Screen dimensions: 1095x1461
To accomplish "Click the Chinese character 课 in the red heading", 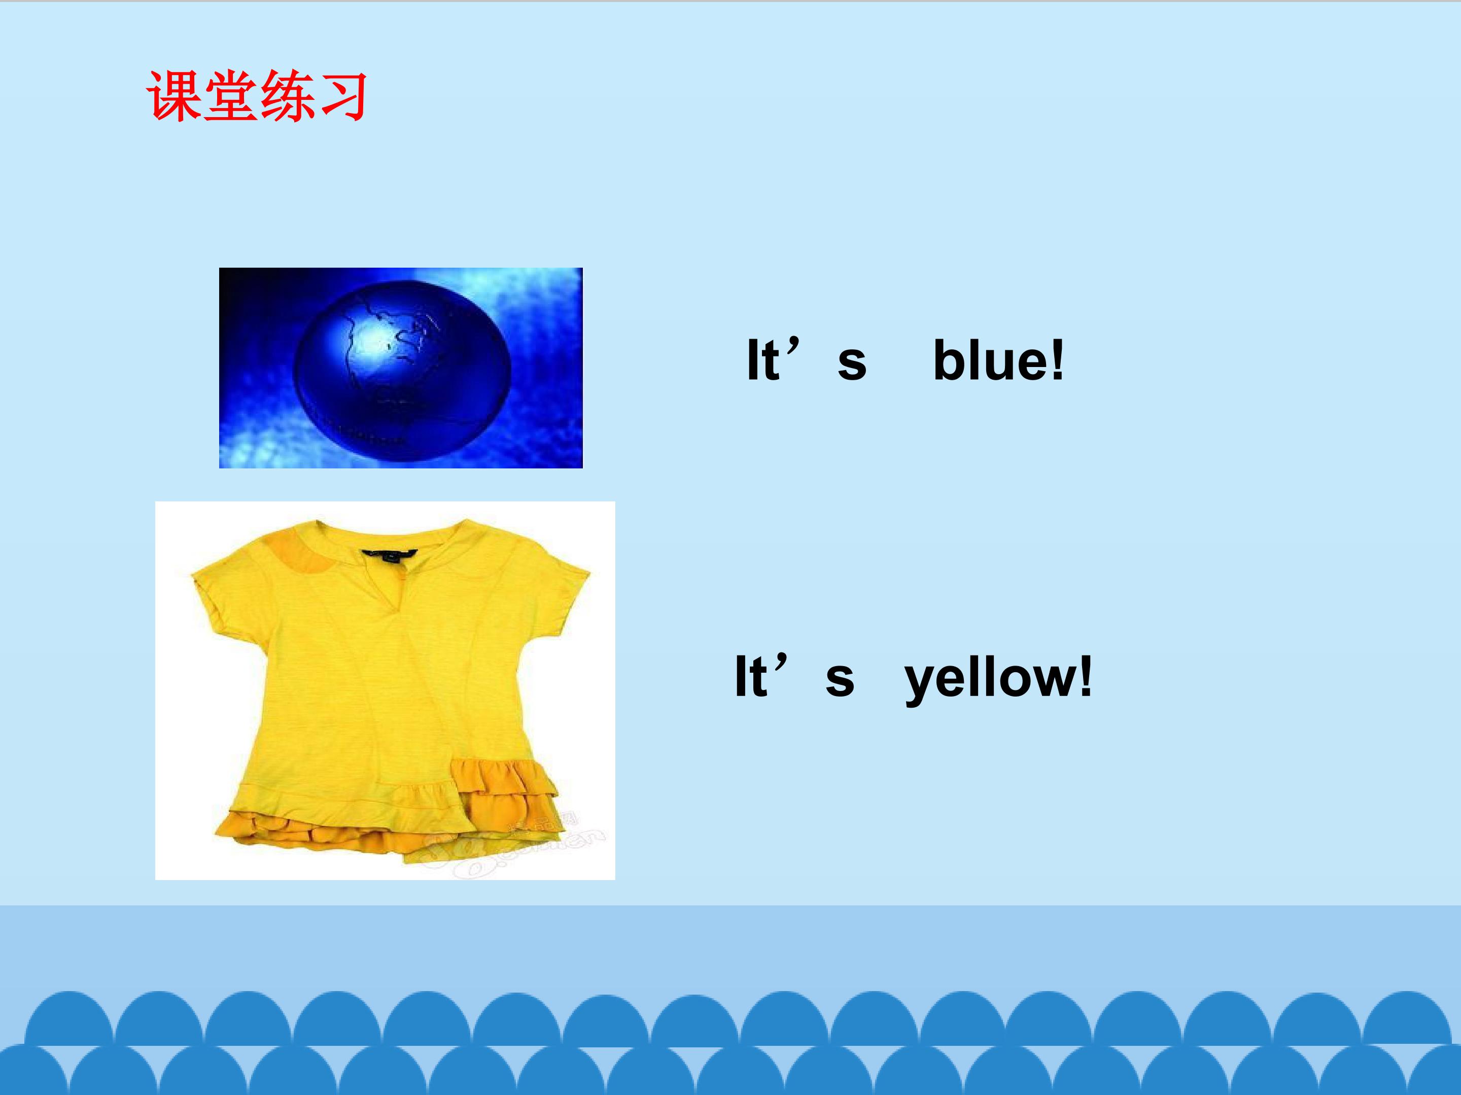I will [x=173, y=96].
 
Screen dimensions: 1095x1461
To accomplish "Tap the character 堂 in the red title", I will [x=230, y=96].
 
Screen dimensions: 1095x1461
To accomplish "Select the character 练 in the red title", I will [x=285, y=96].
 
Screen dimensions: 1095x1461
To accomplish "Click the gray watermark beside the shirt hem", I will [x=529, y=848].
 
